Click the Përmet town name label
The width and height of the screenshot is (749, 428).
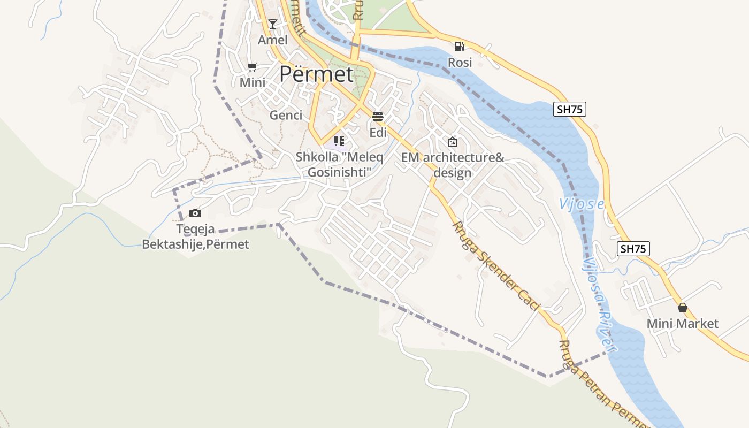click(x=317, y=74)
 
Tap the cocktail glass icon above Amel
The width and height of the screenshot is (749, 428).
click(x=273, y=24)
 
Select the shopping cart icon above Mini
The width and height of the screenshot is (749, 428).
click(x=253, y=67)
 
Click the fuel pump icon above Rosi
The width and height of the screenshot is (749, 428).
click(x=460, y=47)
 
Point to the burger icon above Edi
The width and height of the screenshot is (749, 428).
click(x=378, y=117)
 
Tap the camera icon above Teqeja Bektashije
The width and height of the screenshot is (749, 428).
click(x=195, y=213)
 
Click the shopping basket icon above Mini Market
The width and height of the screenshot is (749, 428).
click(x=682, y=308)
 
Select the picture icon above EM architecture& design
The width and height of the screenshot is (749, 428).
click(x=453, y=142)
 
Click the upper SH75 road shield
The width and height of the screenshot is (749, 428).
click(x=570, y=109)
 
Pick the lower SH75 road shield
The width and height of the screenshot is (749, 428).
click(x=633, y=248)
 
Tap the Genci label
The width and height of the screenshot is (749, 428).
click(x=286, y=115)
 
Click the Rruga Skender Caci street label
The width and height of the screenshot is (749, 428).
click(x=496, y=266)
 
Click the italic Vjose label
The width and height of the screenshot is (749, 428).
click(x=582, y=204)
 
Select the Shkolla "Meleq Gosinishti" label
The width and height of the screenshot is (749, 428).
click(x=339, y=165)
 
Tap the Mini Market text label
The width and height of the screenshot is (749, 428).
click(x=682, y=324)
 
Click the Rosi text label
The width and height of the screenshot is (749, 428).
click(x=460, y=63)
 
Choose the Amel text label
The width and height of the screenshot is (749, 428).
click(x=273, y=40)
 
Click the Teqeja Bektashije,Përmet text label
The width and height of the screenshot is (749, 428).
click(x=195, y=237)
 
